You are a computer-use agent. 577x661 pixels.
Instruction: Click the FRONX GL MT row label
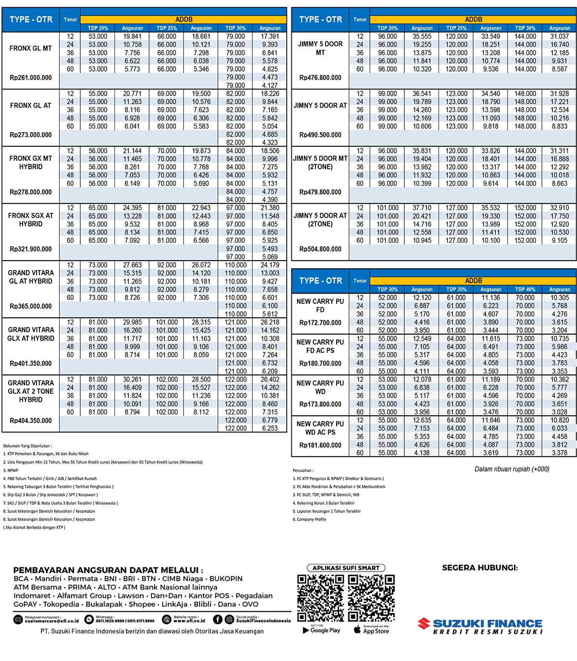(31, 49)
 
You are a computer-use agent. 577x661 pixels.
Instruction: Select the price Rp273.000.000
(31, 135)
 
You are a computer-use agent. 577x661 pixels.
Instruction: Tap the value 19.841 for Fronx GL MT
(132, 37)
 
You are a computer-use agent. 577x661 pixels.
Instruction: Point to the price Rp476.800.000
(320, 78)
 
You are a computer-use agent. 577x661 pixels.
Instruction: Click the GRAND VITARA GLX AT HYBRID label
(31, 334)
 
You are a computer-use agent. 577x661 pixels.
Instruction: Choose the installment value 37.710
(422, 208)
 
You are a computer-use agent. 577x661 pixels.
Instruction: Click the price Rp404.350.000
(31, 421)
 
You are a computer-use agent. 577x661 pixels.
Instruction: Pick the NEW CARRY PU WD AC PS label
(320, 428)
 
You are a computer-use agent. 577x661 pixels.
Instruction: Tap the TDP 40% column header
(525, 289)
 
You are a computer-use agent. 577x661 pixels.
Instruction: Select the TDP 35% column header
(456, 289)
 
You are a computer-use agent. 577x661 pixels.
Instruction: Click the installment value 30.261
(132, 380)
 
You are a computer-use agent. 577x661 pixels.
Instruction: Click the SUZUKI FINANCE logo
(480, 626)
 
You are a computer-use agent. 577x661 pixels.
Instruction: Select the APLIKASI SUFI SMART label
(346, 568)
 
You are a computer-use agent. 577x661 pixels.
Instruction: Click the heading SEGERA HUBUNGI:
(480, 568)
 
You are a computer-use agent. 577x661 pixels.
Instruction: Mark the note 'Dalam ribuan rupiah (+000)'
(512, 469)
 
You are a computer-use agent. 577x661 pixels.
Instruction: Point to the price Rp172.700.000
(320, 323)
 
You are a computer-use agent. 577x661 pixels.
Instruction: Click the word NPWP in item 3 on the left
(13, 471)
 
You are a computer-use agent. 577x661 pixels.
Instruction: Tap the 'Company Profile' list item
(311, 520)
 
